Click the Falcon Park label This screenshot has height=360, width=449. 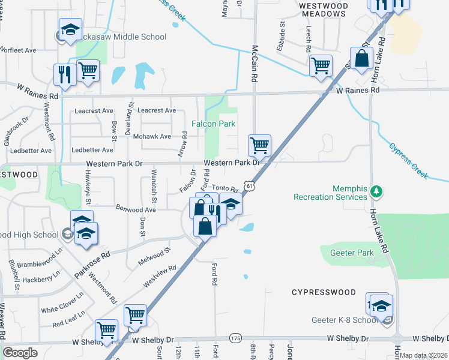tap(213, 124)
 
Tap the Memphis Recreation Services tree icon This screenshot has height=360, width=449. tap(376, 191)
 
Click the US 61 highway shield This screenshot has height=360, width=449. tap(250, 187)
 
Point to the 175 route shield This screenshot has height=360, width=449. tap(235, 339)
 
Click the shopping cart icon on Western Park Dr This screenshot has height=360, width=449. tap(259, 145)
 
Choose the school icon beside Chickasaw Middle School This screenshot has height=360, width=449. tap(70, 29)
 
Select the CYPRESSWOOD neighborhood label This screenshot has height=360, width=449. tap(324, 292)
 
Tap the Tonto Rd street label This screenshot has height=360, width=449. tap(226, 188)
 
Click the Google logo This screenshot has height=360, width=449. tap(20, 352)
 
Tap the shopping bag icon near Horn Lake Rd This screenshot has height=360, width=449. tap(363, 59)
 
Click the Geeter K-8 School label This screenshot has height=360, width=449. tap(342, 319)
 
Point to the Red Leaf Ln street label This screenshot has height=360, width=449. tap(68, 319)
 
